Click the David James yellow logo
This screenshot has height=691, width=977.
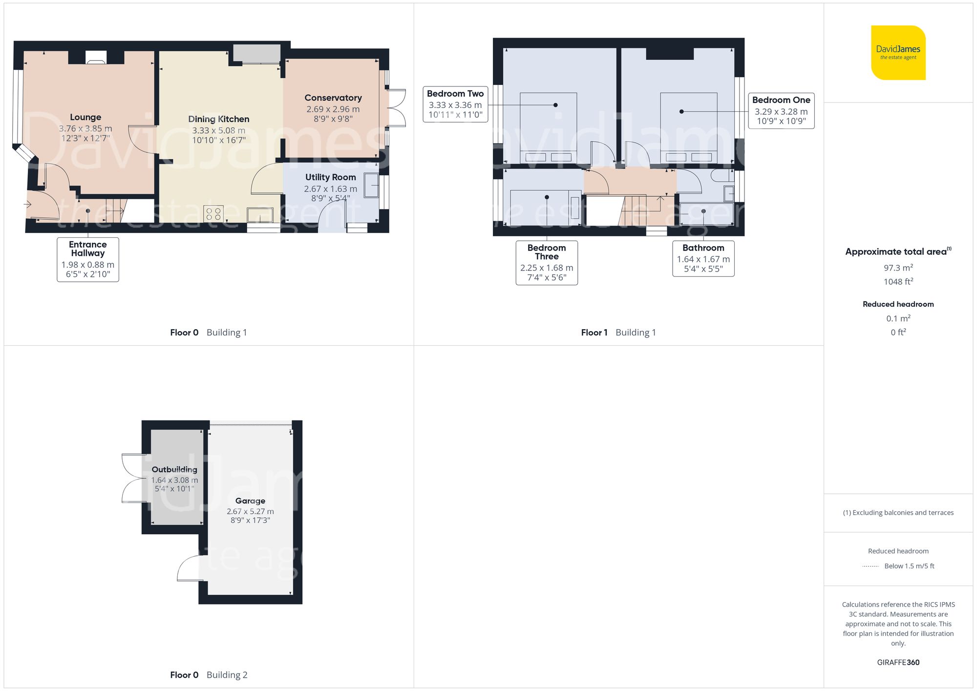pos(898,53)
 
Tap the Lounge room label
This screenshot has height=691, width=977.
pos(85,117)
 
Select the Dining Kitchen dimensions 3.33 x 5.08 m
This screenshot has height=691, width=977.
pos(218,130)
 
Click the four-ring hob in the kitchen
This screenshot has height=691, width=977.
pos(213,214)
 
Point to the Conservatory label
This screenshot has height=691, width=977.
pos(333,98)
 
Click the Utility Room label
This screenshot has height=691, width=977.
pos(331,177)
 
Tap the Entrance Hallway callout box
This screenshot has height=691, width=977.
pos(88,259)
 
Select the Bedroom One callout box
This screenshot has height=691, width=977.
pos(781,111)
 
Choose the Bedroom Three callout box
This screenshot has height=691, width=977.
pos(547,263)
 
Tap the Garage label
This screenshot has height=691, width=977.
pos(250,501)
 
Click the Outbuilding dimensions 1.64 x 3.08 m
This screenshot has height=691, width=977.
pos(174,480)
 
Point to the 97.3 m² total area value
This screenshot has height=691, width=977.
pos(898,268)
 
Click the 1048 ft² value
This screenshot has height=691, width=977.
pos(898,282)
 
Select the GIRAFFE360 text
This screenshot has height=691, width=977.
pos(898,663)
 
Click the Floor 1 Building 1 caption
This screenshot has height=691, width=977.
pos(618,333)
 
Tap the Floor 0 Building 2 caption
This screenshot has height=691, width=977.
pos(209,675)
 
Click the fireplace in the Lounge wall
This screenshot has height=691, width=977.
pos(96,58)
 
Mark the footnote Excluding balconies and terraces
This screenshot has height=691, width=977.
pos(898,513)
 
